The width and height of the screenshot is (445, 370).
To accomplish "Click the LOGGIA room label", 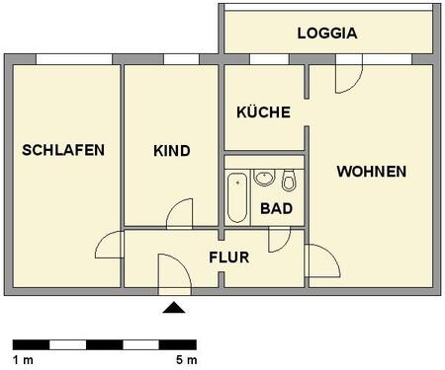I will point(326,34).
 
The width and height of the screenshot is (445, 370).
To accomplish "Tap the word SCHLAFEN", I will point(63,150).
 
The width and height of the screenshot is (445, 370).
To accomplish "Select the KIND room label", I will point(171,151).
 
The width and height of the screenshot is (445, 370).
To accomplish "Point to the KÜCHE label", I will point(263,112).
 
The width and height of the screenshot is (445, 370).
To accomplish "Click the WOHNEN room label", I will point(371,172).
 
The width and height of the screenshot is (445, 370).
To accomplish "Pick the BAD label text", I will point(276,208).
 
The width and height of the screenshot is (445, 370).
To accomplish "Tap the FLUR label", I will point(228,259).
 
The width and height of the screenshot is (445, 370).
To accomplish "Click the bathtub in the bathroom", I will point(237,198).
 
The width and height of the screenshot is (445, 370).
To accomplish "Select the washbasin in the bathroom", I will point(264,179).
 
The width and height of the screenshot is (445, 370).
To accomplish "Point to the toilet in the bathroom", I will point(289,181).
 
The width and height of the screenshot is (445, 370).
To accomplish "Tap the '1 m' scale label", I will point(24,361).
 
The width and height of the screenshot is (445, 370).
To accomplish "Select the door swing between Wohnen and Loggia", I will point(348,77).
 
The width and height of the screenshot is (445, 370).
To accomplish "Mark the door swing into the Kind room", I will point(181,215).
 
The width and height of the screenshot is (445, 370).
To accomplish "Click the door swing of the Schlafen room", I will point(111,245).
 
